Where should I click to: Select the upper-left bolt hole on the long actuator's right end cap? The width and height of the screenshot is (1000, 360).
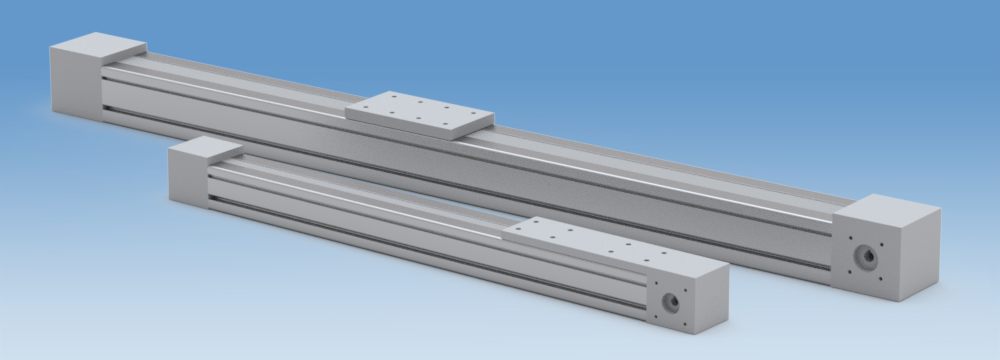[x=851, y=237]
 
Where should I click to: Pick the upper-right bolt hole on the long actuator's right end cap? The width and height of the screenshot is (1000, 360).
[x=882, y=244]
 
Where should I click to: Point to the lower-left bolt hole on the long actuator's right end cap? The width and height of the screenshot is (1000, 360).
[x=849, y=272]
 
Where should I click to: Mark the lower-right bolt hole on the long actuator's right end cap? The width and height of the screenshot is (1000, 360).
[x=880, y=279]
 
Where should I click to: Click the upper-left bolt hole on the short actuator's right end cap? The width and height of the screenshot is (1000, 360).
[x=656, y=283]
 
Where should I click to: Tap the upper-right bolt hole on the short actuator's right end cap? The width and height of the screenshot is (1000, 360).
[x=685, y=290]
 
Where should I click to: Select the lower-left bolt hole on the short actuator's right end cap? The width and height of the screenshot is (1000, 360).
[x=656, y=316]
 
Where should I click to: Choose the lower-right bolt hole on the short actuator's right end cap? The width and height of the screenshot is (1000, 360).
[x=685, y=323]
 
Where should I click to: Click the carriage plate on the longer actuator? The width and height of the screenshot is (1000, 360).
[x=420, y=110]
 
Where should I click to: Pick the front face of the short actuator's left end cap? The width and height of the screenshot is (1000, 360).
[x=187, y=177]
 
